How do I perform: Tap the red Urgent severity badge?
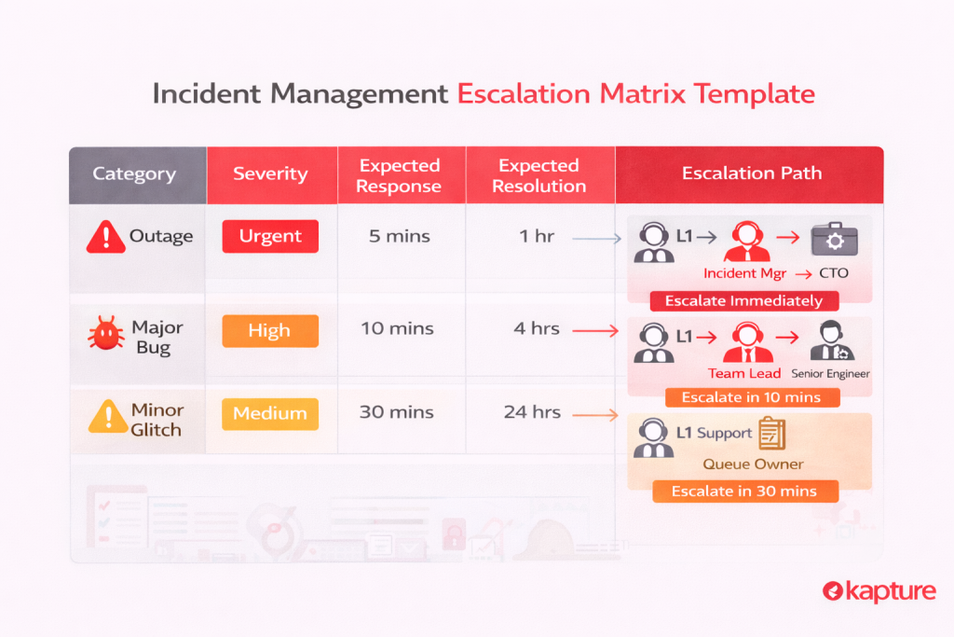click(x=270, y=236)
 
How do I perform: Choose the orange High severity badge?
click(x=270, y=331)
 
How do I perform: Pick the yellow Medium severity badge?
click(x=270, y=414)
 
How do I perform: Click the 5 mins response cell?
click(x=399, y=236)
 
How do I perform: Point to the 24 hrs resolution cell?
click(x=532, y=412)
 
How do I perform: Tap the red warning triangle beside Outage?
click(x=106, y=237)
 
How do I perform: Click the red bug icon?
click(x=106, y=333)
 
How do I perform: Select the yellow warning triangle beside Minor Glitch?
click(x=108, y=417)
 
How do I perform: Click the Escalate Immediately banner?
click(x=744, y=301)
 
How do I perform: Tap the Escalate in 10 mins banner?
click(x=752, y=397)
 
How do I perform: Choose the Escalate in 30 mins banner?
click(x=744, y=492)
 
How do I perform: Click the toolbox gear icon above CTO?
click(x=834, y=240)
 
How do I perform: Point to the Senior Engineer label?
click(x=830, y=374)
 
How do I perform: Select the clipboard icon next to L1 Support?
click(x=772, y=434)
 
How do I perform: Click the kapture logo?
click(x=879, y=591)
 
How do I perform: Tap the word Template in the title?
click(x=754, y=94)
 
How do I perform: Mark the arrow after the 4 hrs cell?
click(x=595, y=331)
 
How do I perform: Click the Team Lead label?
click(x=744, y=373)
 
